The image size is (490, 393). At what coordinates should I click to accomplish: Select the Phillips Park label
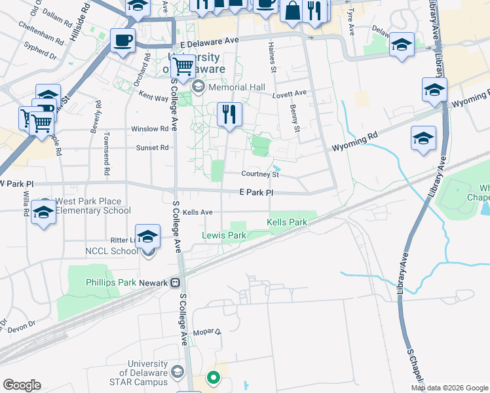[111, 283]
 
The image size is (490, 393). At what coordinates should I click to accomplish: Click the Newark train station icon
[175, 283]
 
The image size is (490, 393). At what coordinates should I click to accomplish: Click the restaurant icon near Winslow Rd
[229, 115]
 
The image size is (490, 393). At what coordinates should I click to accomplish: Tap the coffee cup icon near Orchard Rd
[122, 41]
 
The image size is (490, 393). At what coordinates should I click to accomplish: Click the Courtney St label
[260, 174]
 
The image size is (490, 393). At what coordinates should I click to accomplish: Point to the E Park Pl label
[255, 193]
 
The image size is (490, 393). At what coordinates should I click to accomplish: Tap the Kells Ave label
[198, 212]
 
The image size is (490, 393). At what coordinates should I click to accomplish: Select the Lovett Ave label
[290, 94]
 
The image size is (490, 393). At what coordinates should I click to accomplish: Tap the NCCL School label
[111, 251]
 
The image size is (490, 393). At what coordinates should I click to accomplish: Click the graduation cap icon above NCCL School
[147, 236]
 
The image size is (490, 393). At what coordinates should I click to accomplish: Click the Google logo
[22, 385]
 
